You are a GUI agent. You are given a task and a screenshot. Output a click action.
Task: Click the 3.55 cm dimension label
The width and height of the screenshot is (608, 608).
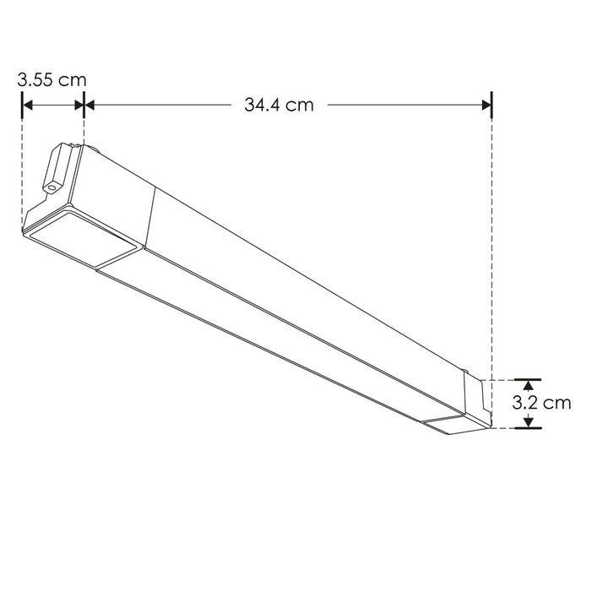tap(52, 80)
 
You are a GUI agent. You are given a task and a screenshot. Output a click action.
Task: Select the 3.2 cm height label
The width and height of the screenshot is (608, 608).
tap(541, 403)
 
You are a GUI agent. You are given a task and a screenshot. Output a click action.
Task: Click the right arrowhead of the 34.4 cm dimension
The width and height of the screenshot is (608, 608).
tap(486, 106)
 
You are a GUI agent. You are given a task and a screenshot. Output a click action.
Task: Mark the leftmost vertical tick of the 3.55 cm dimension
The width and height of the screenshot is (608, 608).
tap(21, 106)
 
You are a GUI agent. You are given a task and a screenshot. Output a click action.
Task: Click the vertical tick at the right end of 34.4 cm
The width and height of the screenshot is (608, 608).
tap(491, 106)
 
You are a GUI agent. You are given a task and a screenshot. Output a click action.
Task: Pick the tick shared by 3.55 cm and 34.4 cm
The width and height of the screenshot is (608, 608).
tap(84, 106)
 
